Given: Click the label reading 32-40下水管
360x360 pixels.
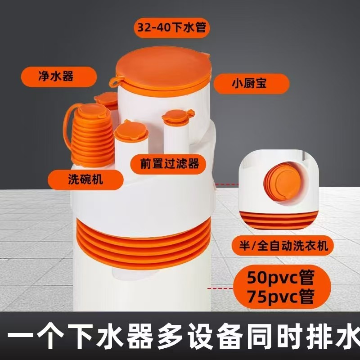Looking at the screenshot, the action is point(172,27).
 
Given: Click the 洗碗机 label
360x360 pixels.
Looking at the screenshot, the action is point(85,180).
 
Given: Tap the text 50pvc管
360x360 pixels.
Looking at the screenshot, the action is point(281,277).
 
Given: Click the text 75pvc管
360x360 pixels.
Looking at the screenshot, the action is point(281,296).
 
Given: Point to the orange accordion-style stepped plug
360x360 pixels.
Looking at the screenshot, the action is point(92,135).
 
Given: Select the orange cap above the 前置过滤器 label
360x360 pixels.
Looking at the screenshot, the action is point(131,130).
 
